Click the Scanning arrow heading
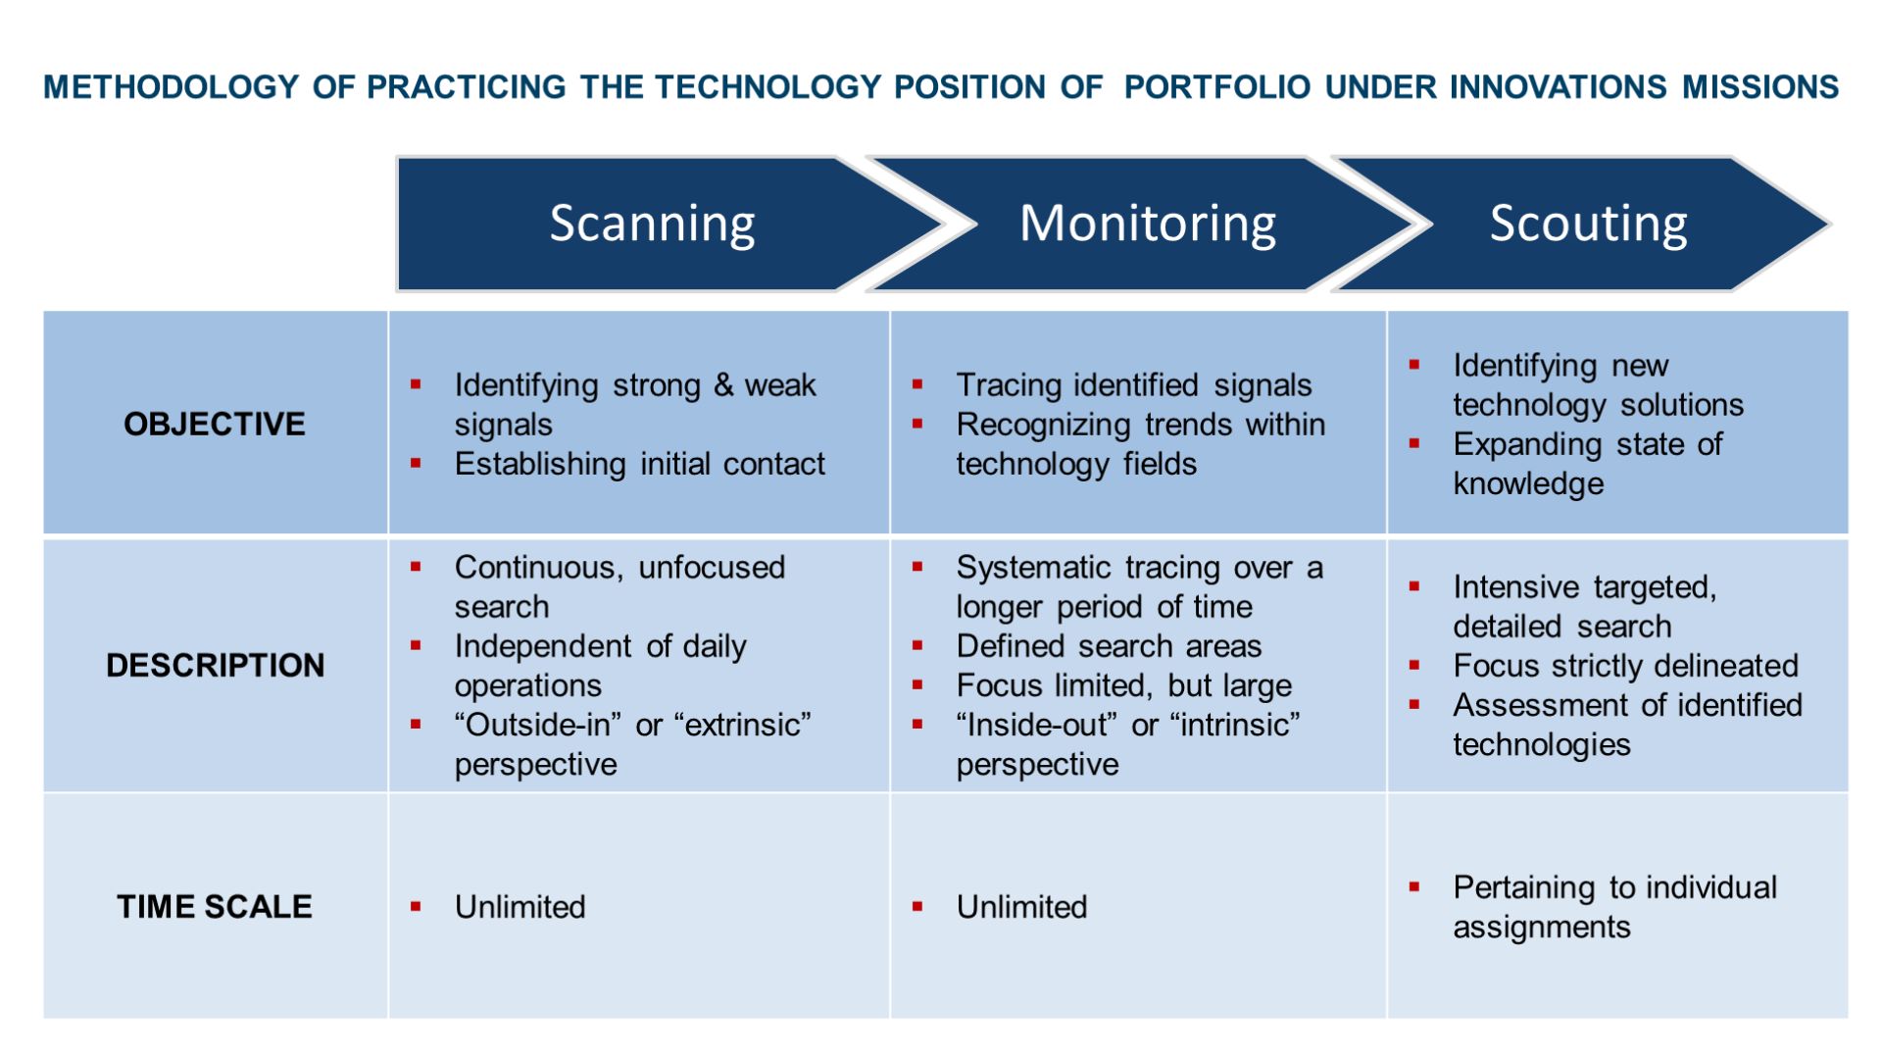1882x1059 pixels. point(652,224)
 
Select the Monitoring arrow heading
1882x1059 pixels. point(1147,224)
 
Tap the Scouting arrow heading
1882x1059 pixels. point(1588,224)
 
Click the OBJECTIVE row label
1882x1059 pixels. point(215,424)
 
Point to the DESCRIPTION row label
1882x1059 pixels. point(215,665)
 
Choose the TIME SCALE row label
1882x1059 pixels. point(215,906)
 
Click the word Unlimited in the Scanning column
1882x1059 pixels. point(520,907)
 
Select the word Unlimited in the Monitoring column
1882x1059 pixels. point(1021,907)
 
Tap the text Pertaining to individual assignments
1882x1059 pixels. point(1613,907)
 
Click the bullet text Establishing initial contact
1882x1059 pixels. point(639,464)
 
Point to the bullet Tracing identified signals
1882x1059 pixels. point(1133,385)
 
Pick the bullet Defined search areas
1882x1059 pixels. point(1108,646)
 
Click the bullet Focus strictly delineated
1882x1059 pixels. point(1625,666)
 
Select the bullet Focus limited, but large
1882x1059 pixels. point(1123,685)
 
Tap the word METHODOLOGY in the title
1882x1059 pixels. point(171,87)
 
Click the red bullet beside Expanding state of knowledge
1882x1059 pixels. point(1414,443)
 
